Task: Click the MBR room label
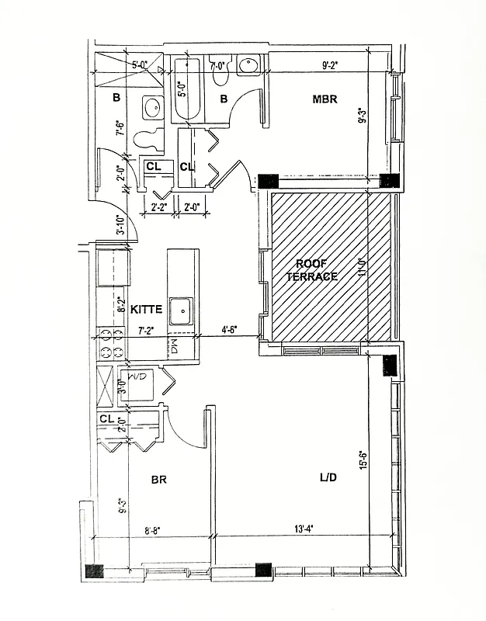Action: (x=325, y=99)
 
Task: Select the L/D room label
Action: (x=327, y=477)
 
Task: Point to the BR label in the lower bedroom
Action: (x=159, y=480)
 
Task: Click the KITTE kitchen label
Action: (x=146, y=309)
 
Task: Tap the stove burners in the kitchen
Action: (x=110, y=343)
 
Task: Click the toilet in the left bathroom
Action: (x=148, y=140)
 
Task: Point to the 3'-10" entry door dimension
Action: (x=121, y=223)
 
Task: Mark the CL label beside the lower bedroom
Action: (x=107, y=418)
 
